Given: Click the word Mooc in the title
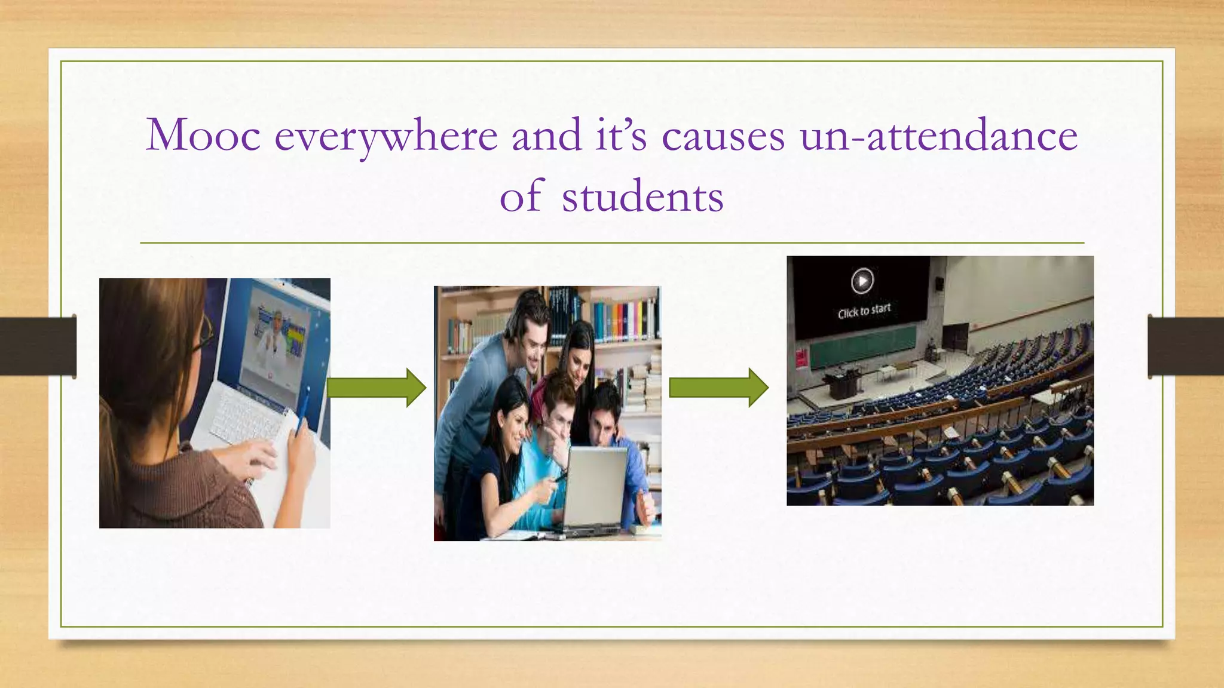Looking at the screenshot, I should [x=203, y=135].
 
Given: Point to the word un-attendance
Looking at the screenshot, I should [x=939, y=135].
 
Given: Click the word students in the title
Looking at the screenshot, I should [x=642, y=197].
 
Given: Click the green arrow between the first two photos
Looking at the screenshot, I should [x=377, y=388].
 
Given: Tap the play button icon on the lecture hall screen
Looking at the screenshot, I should [x=862, y=281].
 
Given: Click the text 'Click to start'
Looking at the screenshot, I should [x=864, y=311].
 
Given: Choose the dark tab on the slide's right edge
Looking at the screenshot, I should [x=1186, y=346].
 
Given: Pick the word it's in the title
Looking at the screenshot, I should [x=621, y=135].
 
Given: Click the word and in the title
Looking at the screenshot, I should [x=546, y=135].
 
